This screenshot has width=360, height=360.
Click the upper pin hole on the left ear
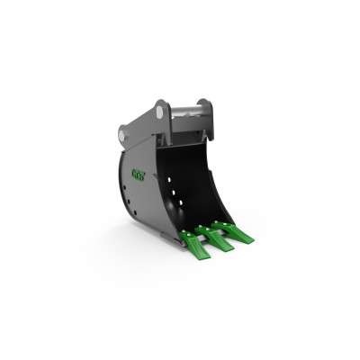[x=160, y=112]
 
